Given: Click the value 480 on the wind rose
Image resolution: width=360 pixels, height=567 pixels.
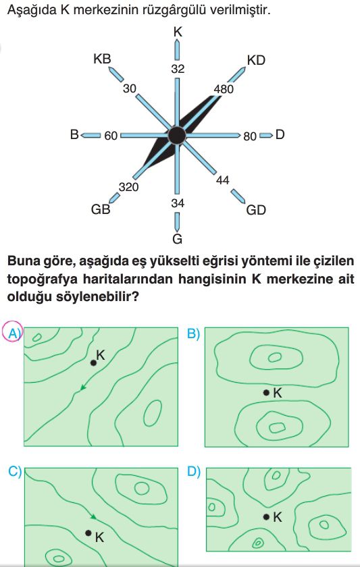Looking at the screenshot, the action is (224, 89).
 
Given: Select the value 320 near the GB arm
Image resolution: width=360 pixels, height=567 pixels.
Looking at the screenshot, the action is (129, 187).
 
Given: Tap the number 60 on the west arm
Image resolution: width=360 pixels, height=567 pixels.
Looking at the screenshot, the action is (111, 136).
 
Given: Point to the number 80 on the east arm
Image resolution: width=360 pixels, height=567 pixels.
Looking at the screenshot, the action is (250, 136).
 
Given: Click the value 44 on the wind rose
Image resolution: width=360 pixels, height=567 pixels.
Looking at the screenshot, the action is (222, 180).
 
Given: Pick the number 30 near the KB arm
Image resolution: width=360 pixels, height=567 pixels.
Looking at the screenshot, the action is (130, 88).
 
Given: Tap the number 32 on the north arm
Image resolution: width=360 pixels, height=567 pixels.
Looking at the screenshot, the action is (178, 69).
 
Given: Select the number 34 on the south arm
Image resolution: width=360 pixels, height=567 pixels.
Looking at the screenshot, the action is (178, 203).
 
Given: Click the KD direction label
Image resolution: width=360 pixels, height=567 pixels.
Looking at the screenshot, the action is (256, 60).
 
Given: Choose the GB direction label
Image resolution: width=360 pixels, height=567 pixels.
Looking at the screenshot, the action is (101, 209).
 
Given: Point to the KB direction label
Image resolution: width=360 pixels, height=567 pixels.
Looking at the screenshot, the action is (102, 59).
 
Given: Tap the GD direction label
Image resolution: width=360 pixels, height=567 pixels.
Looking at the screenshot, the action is (256, 210).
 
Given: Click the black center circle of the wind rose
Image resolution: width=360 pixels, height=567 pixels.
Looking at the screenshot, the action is (177, 135).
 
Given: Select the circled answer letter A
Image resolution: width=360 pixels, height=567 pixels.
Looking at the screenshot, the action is (13, 332).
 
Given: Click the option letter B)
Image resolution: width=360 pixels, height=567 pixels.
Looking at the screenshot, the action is (194, 333).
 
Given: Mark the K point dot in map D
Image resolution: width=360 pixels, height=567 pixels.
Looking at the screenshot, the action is (266, 517).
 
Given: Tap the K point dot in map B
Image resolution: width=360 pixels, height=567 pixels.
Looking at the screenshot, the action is (266, 392).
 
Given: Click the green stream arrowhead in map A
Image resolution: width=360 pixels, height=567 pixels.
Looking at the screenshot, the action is (83, 387).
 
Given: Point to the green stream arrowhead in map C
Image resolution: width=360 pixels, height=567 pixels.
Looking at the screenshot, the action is (93, 517).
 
